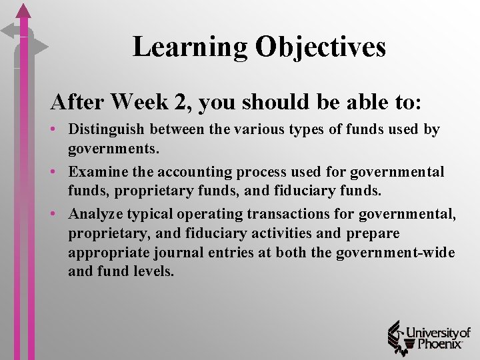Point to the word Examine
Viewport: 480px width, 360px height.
tap(95, 172)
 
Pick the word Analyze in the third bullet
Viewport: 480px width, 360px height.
tap(94, 215)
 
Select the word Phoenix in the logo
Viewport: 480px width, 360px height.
tap(441, 344)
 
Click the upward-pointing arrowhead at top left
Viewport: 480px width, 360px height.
tap(23, 10)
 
